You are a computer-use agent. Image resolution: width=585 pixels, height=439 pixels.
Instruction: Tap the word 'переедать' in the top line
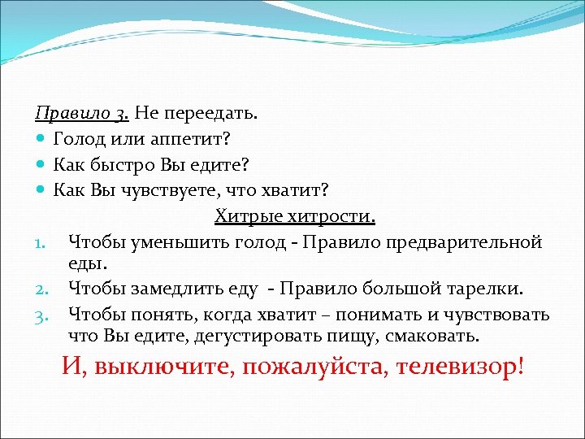(198, 111)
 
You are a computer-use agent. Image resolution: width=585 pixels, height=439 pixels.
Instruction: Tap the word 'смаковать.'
(436, 336)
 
